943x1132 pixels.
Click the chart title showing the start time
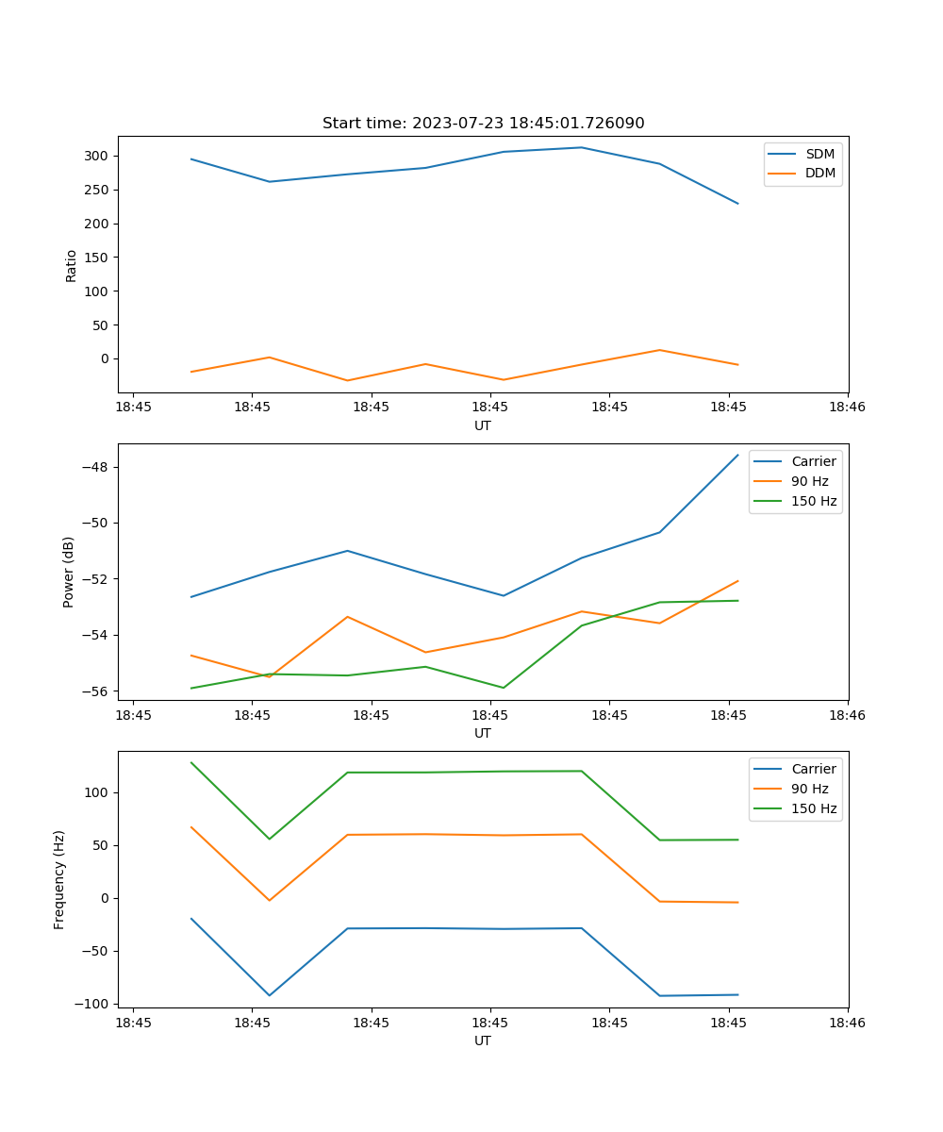pos(483,124)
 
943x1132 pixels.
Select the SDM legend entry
pos(819,154)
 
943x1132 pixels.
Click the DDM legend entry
pos(819,174)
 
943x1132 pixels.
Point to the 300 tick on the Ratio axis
pos(98,156)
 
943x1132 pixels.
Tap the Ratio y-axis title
pos(72,265)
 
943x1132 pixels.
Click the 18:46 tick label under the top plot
pos(847,408)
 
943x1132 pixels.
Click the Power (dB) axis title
pos(69,573)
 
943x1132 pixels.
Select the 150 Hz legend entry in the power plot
pos(814,501)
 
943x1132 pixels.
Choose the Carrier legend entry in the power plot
pos(814,461)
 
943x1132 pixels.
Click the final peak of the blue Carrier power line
pos(737,455)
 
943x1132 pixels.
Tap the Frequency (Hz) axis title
pos(59,879)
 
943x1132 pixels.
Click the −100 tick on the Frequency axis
pos(93,1004)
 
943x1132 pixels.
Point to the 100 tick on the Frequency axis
pos(98,792)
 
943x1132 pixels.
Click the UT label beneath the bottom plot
pos(483,1040)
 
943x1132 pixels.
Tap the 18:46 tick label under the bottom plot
pos(847,1023)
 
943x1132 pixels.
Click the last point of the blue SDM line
pos(737,204)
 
